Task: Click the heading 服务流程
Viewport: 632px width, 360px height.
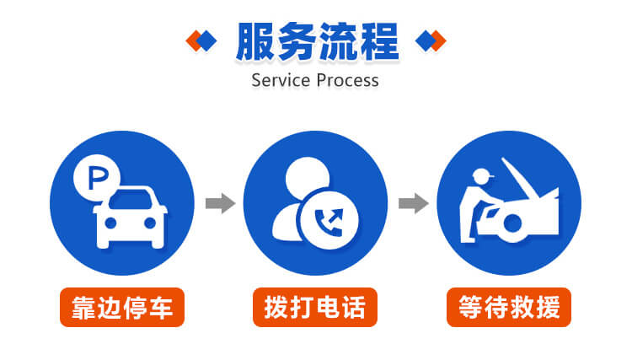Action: (x=316, y=40)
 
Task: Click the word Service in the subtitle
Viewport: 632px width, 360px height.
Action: (x=281, y=81)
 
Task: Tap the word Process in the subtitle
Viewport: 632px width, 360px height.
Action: (x=346, y=81)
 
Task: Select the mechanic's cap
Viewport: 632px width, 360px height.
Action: (x=481, y=176)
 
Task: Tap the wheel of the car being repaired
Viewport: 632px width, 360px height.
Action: (x=515, y=226)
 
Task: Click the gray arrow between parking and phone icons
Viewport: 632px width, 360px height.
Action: (x=220, y=203)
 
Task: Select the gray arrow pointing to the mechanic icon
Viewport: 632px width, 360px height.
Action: (x=413, y=203)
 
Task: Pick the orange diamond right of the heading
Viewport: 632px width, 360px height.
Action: (x=437, y=40)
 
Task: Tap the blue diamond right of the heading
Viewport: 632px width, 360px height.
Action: (x=426, y=40)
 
